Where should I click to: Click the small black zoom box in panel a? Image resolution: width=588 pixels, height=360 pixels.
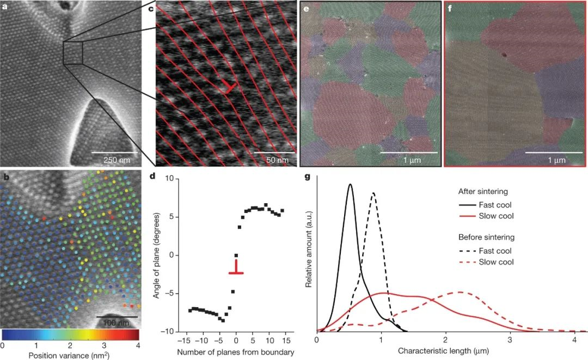[73, 53]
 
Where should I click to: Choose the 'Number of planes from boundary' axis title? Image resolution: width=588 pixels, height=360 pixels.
[236, 352]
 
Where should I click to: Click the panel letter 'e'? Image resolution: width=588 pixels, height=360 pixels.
[306, 9]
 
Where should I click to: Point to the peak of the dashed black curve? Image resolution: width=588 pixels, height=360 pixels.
[373, 192]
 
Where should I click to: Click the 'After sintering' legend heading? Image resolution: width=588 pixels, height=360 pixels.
[483, 191]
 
